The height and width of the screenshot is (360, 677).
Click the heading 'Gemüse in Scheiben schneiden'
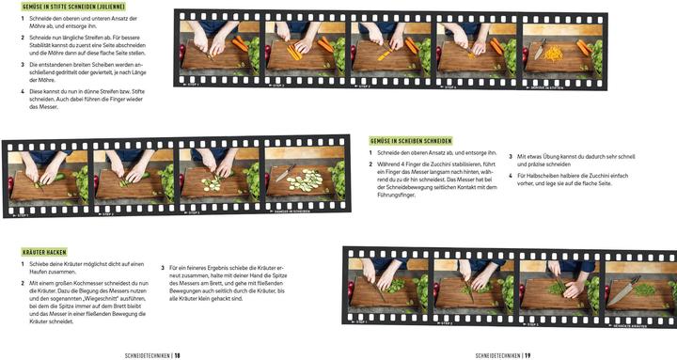(411, 140)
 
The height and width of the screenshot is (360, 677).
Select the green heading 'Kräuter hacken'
(44, 251)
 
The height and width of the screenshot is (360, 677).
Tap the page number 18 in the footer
(177, 329)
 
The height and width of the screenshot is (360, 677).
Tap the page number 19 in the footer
(527, 329)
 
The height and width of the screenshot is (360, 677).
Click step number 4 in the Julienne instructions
(23, 91)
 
